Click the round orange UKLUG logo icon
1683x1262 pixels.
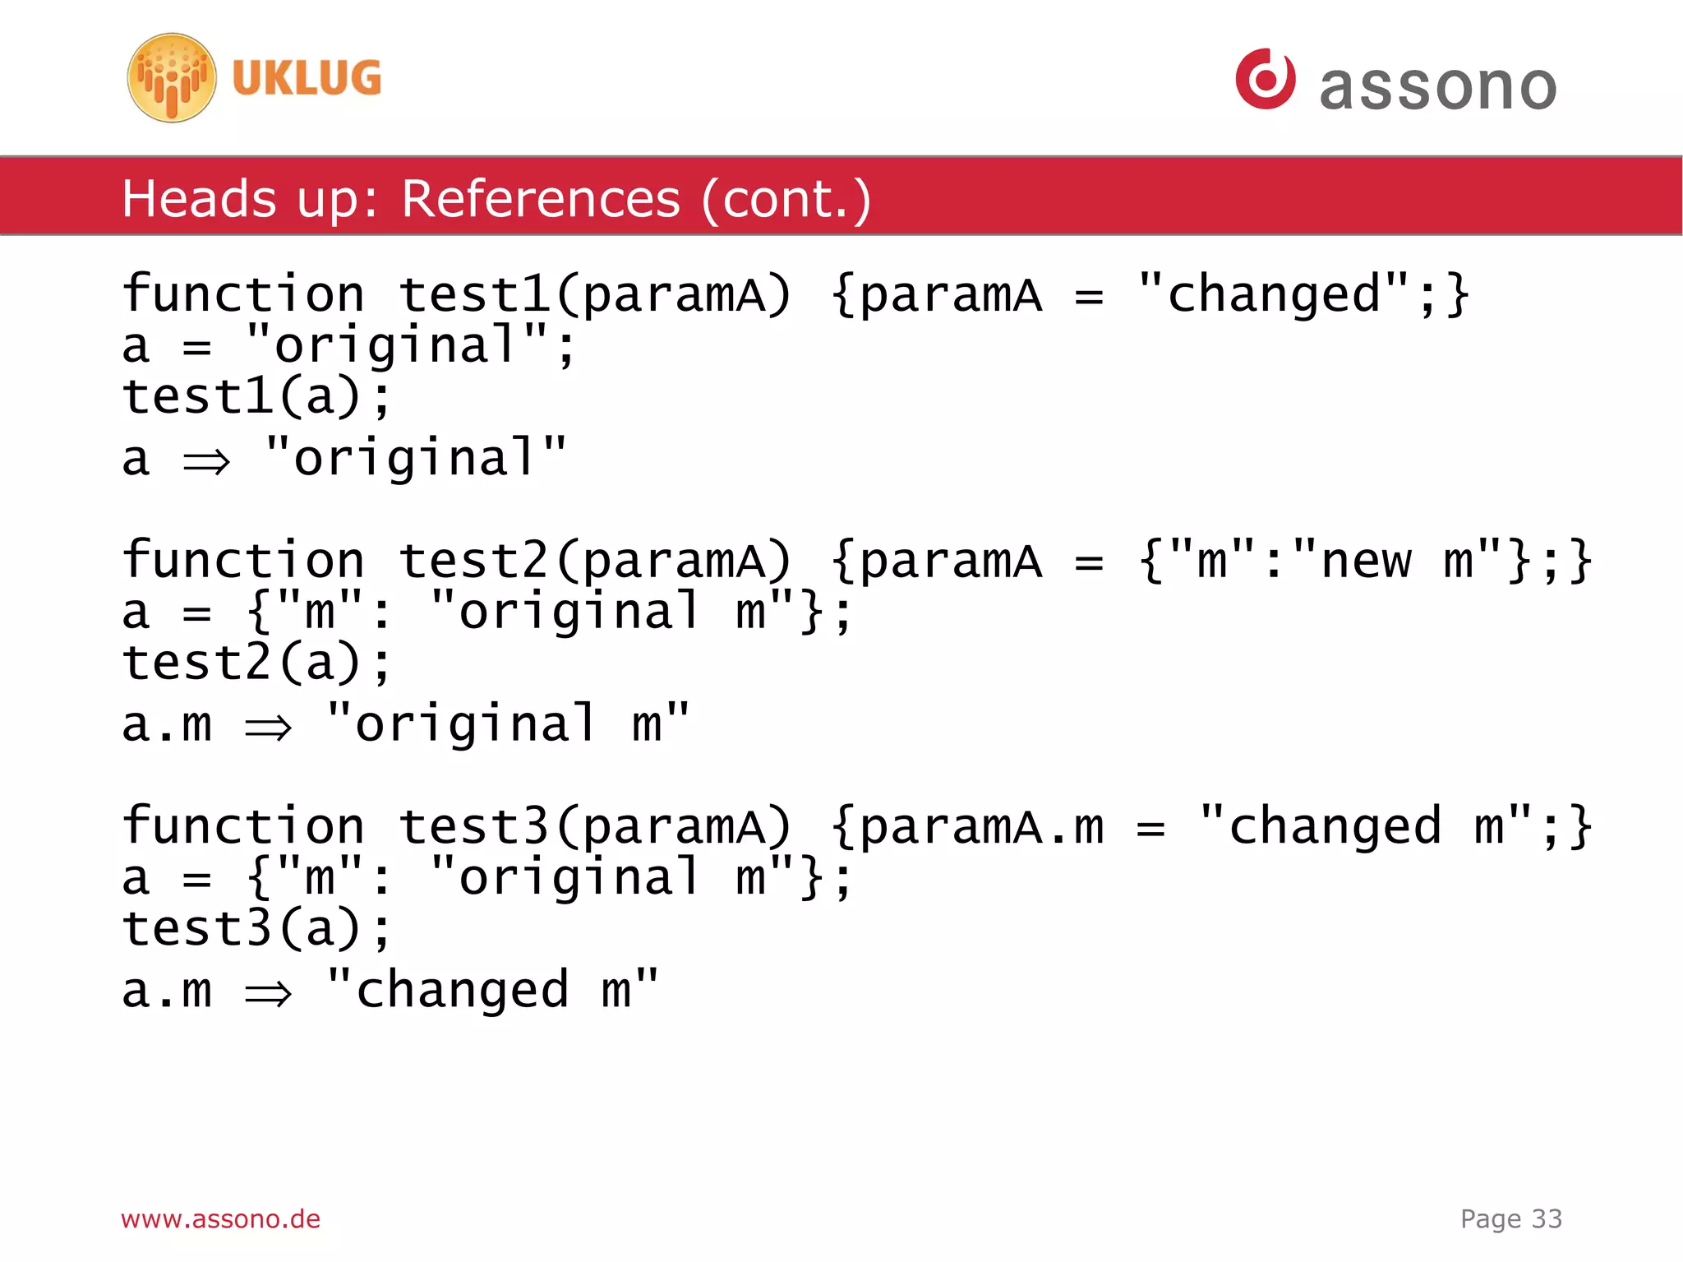coord(172,78)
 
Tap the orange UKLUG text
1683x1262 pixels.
coord(307,78)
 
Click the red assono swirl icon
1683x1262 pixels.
coord(1265,79)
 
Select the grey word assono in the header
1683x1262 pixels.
coord(1437,86)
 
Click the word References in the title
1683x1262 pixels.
coord(541,199)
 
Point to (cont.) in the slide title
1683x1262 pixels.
coord(786,199)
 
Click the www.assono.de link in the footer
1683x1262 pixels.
coord(220,1218)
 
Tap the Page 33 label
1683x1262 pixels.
coord(1510,1218)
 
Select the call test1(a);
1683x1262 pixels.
coord(256,396)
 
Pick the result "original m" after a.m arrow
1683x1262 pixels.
coord(507,724)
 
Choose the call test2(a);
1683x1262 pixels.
coord(256,663)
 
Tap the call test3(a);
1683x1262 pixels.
coord(256,929)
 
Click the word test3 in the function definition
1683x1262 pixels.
coord(473,827)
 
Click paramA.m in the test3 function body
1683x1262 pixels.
coord(982,827)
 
